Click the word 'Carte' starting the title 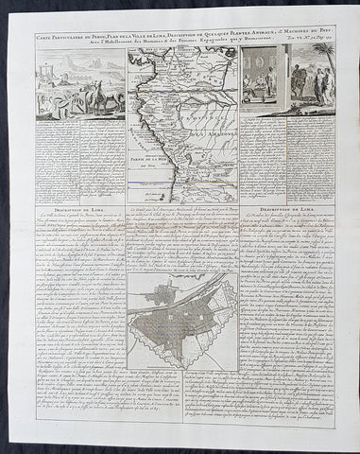(x=49, y=37)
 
